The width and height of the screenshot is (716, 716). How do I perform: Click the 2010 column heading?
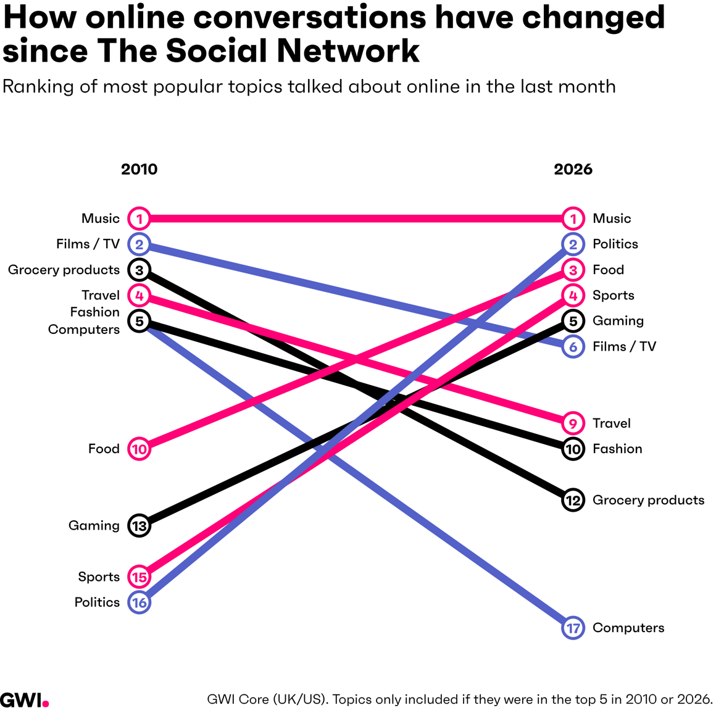[139, 169]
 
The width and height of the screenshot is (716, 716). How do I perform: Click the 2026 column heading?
[573, 169]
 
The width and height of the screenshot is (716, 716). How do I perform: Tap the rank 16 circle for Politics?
[139, 602]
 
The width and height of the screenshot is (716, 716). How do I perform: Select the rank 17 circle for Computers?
[573, 628]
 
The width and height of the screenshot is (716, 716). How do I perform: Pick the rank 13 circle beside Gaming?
[139, 526]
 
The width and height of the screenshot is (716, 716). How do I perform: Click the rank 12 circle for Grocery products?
[573, 500]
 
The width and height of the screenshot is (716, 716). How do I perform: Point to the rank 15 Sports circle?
[139, 577]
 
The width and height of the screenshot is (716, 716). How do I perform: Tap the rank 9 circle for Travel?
[573, 423]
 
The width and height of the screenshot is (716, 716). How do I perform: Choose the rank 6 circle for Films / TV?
[573, 347]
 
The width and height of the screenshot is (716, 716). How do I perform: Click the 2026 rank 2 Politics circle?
[573, 244]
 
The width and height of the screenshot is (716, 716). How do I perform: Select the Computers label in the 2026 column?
[628, 628]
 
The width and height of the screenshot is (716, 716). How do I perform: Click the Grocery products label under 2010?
[64, 270]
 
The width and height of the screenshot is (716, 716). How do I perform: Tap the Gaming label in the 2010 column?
[94, 526]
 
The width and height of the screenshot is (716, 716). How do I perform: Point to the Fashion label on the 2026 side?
[617, 449]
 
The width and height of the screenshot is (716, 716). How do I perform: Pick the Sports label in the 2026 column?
[614, 296]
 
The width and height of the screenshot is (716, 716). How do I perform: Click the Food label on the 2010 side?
[104, 449]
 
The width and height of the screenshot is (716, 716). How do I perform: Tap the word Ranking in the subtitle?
[38, 87]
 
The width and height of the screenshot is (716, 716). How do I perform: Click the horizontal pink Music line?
[356, 219]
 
